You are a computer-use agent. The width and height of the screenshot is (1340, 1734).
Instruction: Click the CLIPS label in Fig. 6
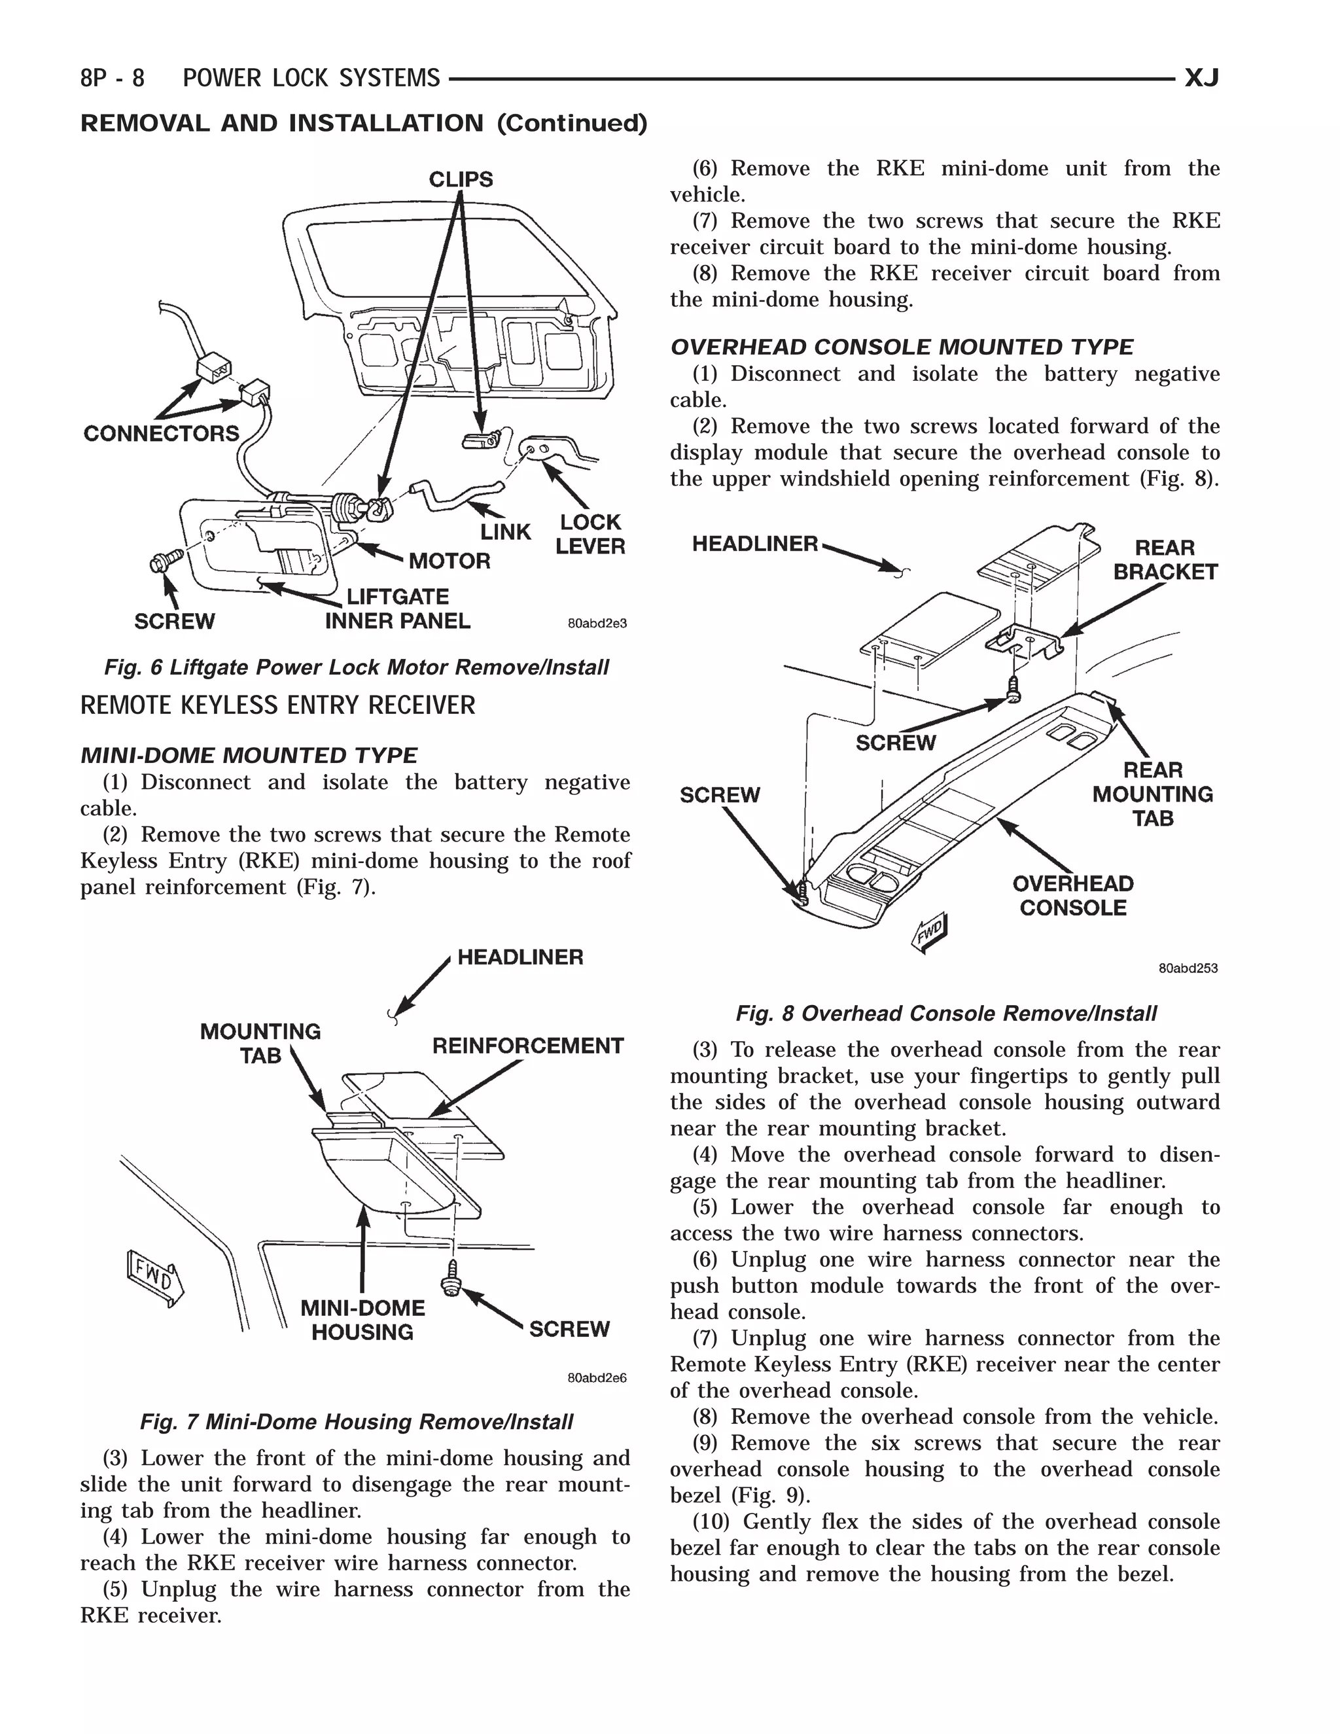461,179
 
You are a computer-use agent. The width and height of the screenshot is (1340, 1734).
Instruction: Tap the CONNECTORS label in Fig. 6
161,433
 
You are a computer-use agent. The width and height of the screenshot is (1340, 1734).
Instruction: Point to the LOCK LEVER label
590,535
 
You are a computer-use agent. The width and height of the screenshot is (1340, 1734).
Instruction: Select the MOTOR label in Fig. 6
450,561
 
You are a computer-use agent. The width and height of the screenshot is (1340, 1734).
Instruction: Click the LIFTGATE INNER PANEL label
398,609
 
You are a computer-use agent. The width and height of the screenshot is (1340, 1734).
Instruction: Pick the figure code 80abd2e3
597,623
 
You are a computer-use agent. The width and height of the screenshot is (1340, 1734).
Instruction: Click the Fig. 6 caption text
357,667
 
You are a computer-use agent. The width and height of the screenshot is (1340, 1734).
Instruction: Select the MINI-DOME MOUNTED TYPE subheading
249,755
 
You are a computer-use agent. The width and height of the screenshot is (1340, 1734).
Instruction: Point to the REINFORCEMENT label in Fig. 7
528,1046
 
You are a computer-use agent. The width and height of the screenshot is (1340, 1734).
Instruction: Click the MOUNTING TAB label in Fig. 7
260,1043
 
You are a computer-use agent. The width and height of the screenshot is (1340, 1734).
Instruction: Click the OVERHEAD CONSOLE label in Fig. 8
1073,896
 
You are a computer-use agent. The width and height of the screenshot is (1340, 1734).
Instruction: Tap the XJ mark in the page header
1201,78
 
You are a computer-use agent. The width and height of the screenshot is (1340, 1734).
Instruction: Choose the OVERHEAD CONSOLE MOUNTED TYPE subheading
902,347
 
